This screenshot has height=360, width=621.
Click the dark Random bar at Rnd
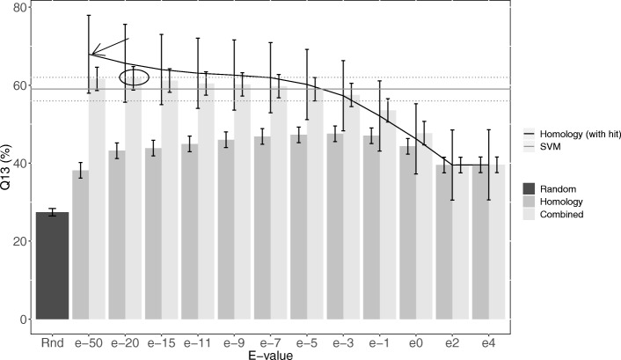click(x=52, y=265)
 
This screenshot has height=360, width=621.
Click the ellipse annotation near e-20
click(x=134, y=77)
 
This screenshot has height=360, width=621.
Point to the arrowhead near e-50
click(x=95, y=54)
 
